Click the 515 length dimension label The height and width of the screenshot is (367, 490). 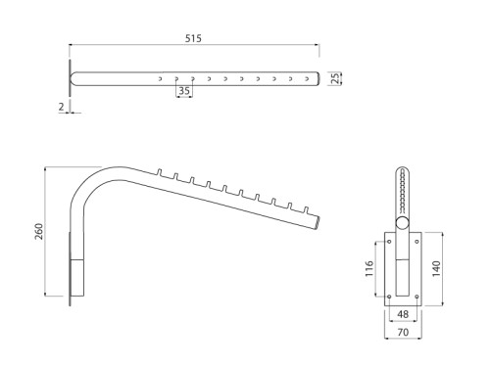coord(193,38)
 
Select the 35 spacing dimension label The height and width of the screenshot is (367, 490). coord(184,91)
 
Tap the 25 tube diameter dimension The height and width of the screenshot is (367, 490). coord(335,78)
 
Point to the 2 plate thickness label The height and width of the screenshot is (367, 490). coord(62,107)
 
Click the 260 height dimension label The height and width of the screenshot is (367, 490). coord(39,232)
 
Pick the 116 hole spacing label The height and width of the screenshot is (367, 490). coord(369,269)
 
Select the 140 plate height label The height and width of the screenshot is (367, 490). coord(436,269)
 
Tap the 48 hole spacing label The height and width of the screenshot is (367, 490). coord(403,314)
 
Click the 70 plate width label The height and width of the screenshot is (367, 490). coord(403,332)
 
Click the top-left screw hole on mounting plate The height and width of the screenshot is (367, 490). coord(389,242)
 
